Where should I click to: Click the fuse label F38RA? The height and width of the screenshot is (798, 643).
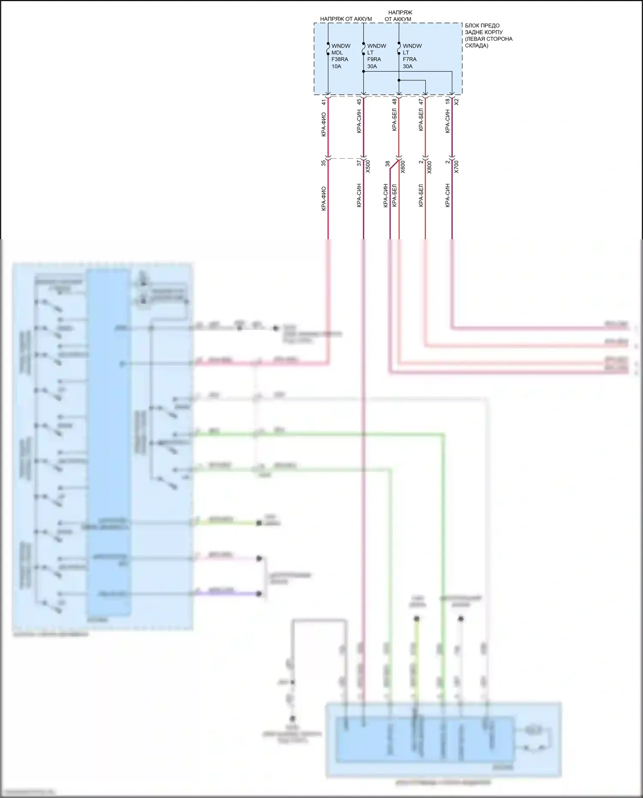[340, 59]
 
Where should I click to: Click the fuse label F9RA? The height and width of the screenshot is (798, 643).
[374, 59]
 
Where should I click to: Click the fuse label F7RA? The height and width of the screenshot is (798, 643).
[409, 59]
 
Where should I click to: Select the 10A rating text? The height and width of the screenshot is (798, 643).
[336, 66]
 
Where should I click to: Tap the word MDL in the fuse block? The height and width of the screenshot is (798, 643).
[337, 52]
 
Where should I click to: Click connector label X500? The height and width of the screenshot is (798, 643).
[368, 166]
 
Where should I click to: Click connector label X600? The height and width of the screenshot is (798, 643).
[403, 166]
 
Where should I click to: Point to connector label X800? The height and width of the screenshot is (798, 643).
[430, 166]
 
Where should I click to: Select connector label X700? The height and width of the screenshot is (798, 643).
[456, 166]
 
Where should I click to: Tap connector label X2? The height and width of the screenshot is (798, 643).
[457, 102]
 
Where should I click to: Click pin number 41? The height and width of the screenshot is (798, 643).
[324, 102]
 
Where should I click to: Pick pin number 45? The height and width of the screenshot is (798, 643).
[359, 102]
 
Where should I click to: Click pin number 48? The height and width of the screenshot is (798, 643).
[394, 102]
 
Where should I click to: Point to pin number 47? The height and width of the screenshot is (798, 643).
[421, 101]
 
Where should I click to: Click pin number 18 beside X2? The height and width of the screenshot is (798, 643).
[447, 101]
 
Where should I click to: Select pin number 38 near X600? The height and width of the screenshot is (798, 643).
[388, 163]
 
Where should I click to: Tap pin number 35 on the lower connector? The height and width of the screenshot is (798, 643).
[324, 163]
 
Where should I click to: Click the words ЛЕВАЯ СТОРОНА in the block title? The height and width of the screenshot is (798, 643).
[489, 39]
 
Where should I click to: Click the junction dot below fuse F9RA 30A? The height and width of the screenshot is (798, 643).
[364, 72]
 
